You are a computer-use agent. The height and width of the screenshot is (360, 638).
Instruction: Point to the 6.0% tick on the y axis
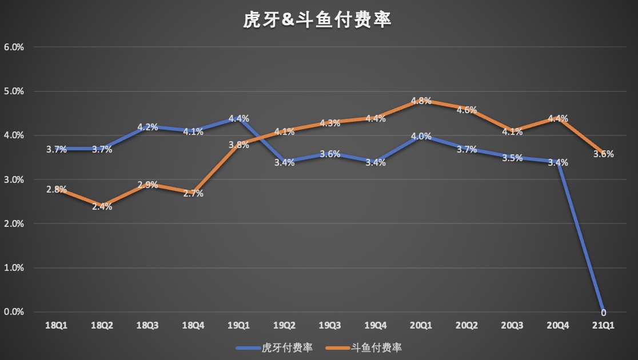point(14,47)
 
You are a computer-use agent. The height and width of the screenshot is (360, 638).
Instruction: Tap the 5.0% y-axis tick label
point(14,91)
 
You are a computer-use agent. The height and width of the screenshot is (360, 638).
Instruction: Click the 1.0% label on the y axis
point(14,268)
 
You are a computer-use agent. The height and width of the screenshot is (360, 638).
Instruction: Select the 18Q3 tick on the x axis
point(147,325)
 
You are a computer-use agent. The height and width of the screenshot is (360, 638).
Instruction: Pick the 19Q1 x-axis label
point(238,325)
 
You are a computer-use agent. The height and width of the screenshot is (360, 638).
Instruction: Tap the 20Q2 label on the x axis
point(466,325)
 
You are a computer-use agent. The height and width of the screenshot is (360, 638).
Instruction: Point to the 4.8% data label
point(421,101)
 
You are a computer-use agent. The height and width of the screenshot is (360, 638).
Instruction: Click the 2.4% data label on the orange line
point(102,207)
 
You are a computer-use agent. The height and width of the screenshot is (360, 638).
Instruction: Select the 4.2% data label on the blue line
point(147,127)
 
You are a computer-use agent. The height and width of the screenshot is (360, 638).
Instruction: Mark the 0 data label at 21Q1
point(603,312)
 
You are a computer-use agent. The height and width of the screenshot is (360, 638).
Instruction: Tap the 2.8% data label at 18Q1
point(57,189)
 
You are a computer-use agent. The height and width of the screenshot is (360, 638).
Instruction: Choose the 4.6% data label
point(466,110)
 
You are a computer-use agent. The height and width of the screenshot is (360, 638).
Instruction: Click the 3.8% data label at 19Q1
point(238,145)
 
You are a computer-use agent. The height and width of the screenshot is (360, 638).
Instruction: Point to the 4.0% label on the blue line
point(421,137)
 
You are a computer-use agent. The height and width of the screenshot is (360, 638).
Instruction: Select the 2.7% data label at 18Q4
point(193,194)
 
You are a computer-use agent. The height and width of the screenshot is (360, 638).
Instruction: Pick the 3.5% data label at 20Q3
point(512,158)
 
